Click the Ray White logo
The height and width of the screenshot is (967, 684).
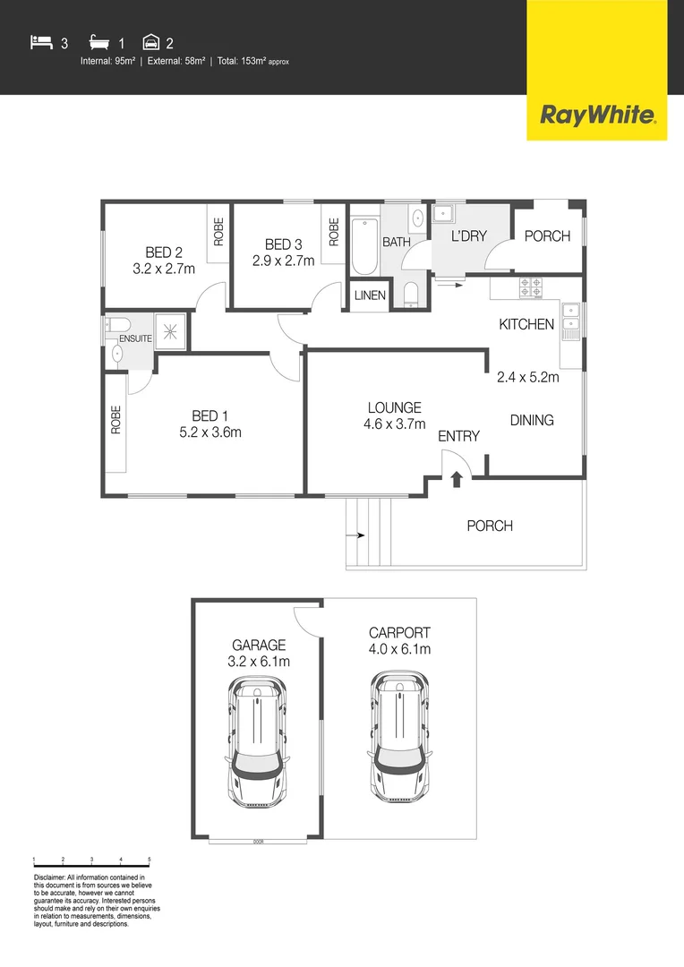click(596, 115)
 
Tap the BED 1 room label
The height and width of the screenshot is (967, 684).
click(210, 415)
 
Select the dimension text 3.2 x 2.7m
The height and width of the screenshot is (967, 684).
click(164, 268)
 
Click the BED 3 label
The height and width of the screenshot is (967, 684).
click(283, 244)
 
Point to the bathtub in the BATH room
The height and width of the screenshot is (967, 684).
click(363, 244)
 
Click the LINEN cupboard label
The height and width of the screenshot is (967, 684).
click(370, 295)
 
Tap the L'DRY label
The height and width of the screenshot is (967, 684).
click(467, 236)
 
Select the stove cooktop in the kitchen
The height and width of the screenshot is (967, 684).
click(531, 287)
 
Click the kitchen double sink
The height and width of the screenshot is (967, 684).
click(572, 323)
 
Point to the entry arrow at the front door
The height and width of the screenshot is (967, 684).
click(456, 479)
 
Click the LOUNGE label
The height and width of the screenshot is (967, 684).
click(394, 408)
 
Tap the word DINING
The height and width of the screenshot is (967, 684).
click(532, 420)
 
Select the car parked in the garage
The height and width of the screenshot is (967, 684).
click(257, 743)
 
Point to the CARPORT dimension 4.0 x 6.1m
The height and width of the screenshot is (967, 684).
click(400, 649)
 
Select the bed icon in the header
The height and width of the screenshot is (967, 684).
click(41, 41)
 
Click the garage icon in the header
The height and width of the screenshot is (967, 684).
click(150, 41)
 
